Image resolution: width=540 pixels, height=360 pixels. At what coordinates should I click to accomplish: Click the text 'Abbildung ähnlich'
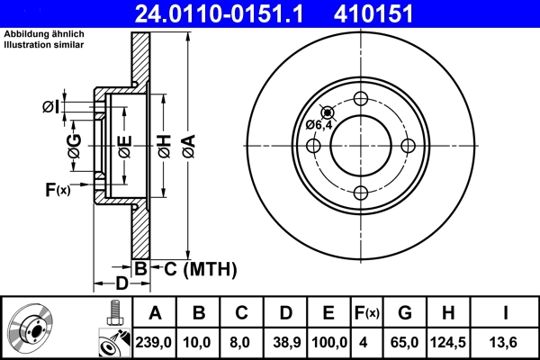[x=45, y=34]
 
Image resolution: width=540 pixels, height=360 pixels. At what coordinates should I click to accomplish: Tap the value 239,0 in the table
[x=155, y=343]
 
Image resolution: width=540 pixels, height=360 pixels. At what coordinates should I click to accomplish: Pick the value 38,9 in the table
[x=285, y=343]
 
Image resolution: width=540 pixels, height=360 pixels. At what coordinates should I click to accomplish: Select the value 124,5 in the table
[x=447, y=343]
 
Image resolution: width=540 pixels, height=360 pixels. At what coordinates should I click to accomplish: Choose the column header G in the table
[x=404, y=312]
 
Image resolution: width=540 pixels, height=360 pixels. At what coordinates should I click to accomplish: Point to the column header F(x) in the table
[x=366, y=312]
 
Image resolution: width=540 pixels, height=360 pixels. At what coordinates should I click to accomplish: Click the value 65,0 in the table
[x=404, y=343]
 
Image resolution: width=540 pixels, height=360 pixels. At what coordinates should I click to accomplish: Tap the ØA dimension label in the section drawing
[x=187, y=141]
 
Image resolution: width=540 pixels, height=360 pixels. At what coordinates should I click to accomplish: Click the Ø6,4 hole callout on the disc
[x=319, y=125]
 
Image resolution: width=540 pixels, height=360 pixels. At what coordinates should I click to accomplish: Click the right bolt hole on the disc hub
[x=408, y=146]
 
